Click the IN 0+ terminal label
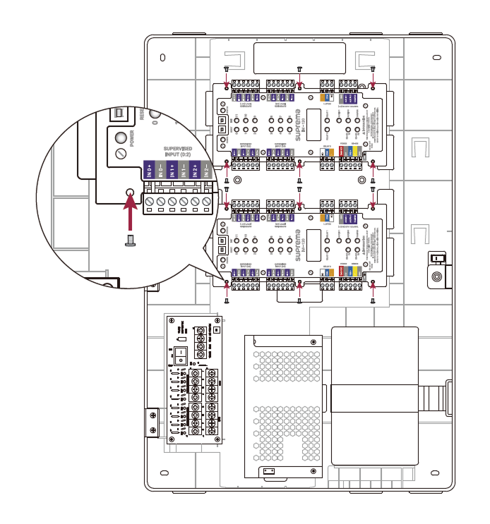(149, 170)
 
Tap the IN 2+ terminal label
(195, 170)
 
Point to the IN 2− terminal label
(206, 170)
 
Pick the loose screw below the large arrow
(129, 240)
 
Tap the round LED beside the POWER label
(121, 137)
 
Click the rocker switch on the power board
(181, 352)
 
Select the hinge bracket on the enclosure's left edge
(152, 422)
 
